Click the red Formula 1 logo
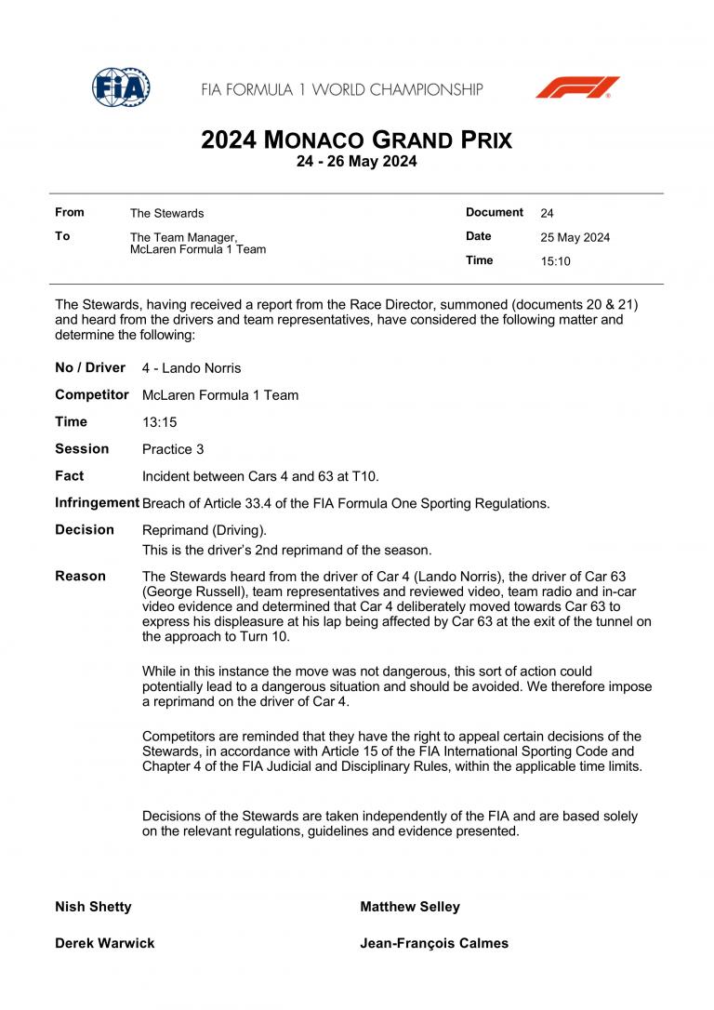(x=576, y=87)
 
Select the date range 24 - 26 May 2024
(x=356, y=161)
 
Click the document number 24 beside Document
(x=547, y=213)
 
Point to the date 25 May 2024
(x=575, y=237)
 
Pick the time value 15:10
(x=555, y=261)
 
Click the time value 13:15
(x=159, y=422)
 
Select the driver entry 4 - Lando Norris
(x=192, y=368)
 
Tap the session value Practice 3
(x=173, y=449)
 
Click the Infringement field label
(x=97, y=503)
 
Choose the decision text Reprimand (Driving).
(x=204, y=530)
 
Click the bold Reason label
(x=80, y=577)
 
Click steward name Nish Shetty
(x=93, y=907)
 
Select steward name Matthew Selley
(x=409, y=907)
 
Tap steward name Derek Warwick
(x=104, y=943)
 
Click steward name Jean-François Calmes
(x=434, y=943)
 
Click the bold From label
(x=69, y=213)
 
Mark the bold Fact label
(x=69, y=476)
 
